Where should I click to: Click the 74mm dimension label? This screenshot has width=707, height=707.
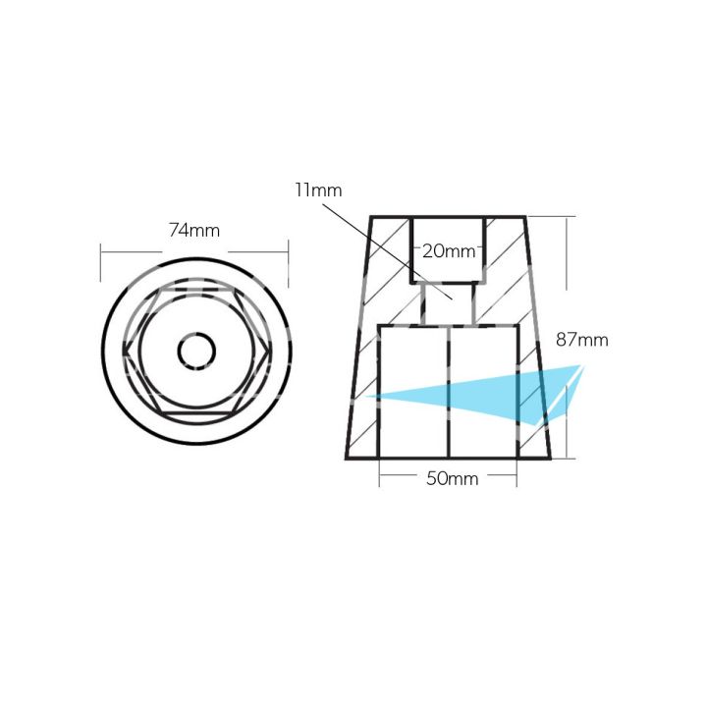[193, 231]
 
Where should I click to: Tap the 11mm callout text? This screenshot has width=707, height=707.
[317, 190]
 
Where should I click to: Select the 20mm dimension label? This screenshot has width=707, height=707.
[448, 251]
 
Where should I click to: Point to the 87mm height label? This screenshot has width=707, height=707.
[581, 341]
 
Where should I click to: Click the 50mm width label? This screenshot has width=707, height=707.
[448, 479]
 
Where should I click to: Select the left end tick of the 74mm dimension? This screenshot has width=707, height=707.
[101, 264]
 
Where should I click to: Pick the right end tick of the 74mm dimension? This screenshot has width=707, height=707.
[288, 264]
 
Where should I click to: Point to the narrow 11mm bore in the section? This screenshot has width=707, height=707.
[448, 304]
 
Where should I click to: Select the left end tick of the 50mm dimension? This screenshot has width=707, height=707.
[380, 478]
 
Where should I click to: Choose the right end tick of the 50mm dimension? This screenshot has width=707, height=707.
[517, 478]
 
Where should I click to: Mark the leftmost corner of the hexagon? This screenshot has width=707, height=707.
[126, 352]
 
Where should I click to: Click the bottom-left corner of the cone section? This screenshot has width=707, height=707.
[347, 458]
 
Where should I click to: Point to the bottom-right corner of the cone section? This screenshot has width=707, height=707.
[550, 458]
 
